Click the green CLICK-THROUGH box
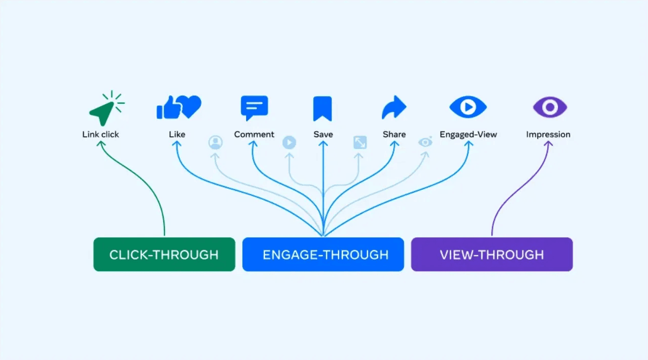coord(164,254)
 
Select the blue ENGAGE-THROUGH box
coord(323,254)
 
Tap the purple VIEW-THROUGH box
coord(491,254)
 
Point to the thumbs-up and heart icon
coord(179,107)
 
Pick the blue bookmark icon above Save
coord(322,108)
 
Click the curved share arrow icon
coord(394,107)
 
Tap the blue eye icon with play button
coord(468,107)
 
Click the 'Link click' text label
coord(101,135)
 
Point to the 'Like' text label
coord(177,135)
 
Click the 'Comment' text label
coord(254,135)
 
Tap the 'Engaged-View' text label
coord(468,135)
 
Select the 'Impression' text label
coord(548,135)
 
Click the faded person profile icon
coord(216,143)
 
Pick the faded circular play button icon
coord(289,143)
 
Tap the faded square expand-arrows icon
coord(360,143)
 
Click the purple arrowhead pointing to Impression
coord(548,144)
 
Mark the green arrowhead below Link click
coord(101,144)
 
